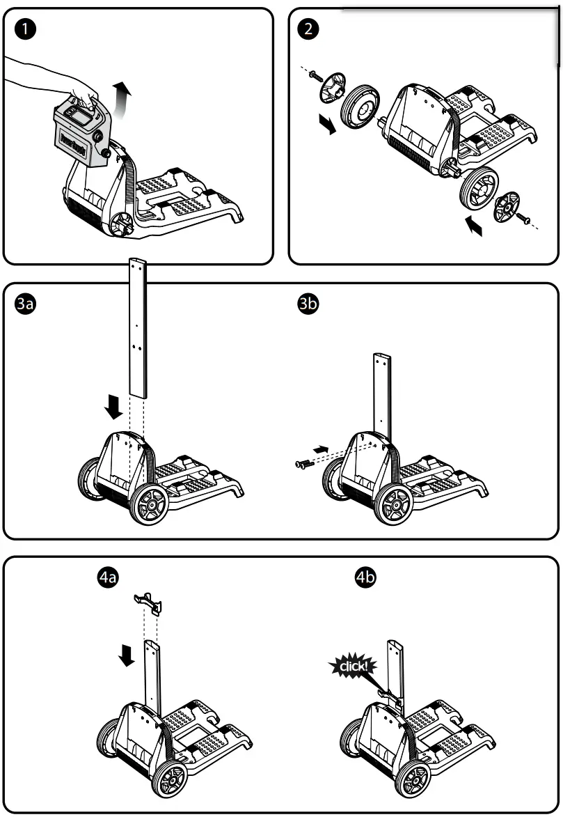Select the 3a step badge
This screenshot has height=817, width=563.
pos(26,304)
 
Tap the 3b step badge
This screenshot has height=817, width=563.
pos(307,304)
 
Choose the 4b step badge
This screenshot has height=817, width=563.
pos(365,577)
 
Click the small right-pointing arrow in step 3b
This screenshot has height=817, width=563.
pos(320,450)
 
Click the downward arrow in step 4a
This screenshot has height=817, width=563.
pos(126,655)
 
